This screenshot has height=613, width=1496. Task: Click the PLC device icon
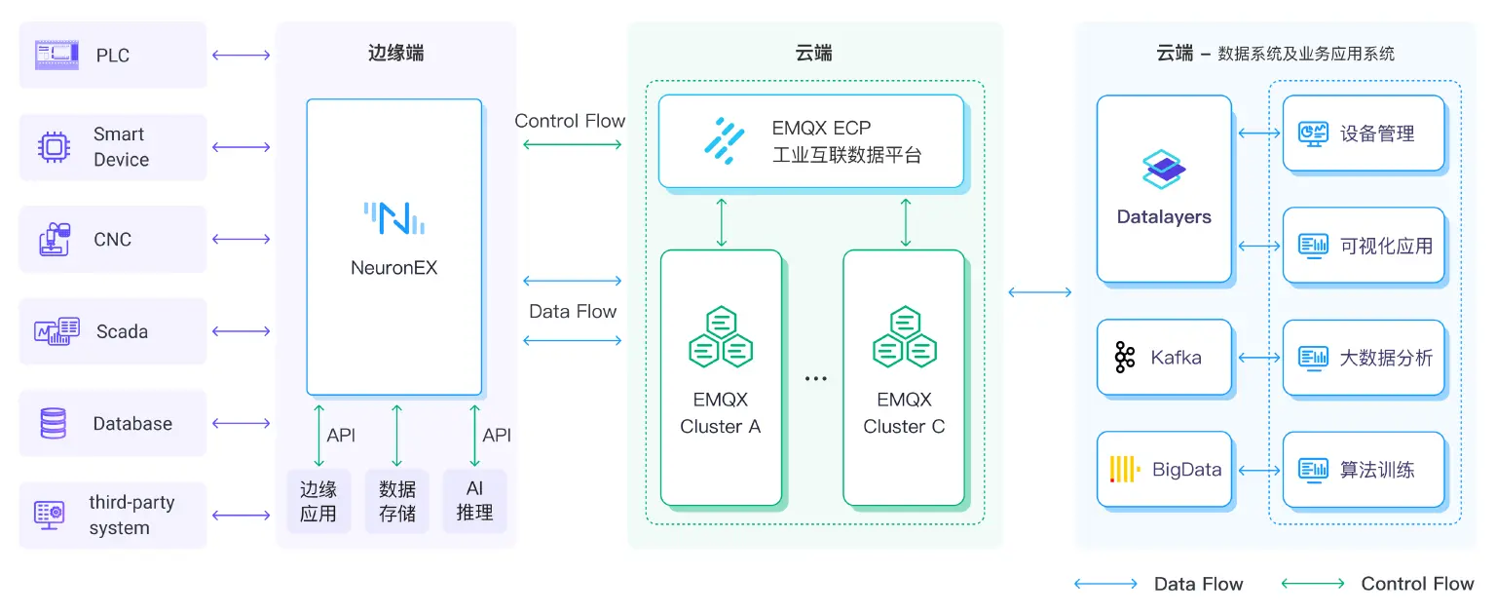55,54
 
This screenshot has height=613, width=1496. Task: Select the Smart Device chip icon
54,147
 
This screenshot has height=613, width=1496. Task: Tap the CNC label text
112,240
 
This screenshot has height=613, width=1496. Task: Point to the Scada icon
56,331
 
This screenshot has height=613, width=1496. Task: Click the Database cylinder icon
53,424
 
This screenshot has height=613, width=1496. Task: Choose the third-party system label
131,516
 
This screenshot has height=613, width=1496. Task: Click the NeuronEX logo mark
393,218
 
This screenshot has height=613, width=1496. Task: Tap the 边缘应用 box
318,501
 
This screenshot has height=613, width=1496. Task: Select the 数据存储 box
396,501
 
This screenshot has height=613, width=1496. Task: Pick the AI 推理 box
474,501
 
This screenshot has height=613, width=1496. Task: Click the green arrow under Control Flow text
572,145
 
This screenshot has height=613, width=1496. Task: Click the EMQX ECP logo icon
725,139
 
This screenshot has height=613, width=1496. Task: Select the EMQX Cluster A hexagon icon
721,336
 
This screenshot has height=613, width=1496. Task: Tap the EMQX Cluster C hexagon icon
904,336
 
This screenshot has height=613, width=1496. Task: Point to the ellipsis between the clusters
815,378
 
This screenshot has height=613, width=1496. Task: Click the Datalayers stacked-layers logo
1163,170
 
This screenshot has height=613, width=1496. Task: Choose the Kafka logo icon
1125,358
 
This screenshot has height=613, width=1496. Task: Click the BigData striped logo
1125,470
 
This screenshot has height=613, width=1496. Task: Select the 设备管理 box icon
1313,134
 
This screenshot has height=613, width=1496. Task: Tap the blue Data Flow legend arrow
1105,584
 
